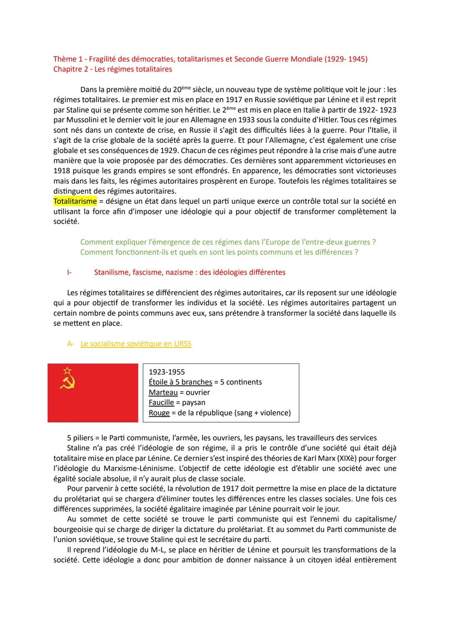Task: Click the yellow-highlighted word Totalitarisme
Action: click(x=75, y=201)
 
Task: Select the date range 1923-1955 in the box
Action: click(x=167, y=372)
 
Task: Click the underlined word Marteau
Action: click(x=163, y=393)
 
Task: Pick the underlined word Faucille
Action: click(x=161, y=403)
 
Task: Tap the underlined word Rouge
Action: click(x=159, y=413)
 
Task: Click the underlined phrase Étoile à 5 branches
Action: click(x=180, y=382)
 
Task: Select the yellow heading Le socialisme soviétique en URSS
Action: click(x=136, y=344)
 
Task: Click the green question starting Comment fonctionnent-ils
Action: click(x=219, y=252)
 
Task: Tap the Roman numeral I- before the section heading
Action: click(x=69, y=272)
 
